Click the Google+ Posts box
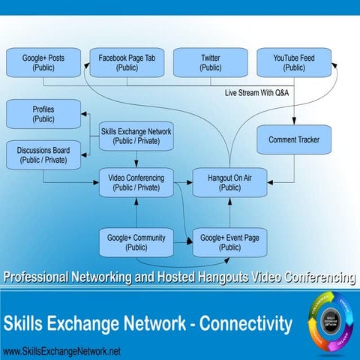tap(43, 62)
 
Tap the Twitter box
tap(211, 62)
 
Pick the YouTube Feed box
tap(294, 62)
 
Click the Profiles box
tap(43, 114)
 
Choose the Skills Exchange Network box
tap(136, 136)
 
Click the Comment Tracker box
tap(294, 139)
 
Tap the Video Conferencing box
tap(136, 182)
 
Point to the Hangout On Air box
tap(229, 182)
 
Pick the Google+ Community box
tap(136, 241)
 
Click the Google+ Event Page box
tap(229, 241)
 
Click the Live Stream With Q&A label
tap(256, 93)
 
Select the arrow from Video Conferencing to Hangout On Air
tap(182, 182)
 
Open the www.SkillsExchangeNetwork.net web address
tap(61, 351)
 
